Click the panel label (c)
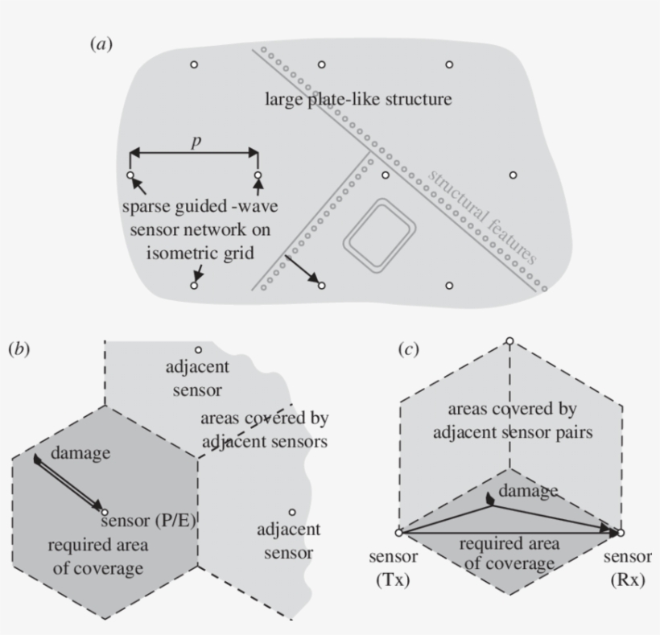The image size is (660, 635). pos(410,349)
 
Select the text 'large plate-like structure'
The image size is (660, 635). pos(358,101)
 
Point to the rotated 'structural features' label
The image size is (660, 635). pos(481,215)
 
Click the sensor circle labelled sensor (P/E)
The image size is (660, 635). pos(105,512)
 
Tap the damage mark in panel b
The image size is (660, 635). pos(38,460)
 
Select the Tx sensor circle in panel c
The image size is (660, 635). pos(398,533)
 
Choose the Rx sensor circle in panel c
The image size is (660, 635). pos(621,533)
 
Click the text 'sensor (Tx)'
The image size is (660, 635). pos(394,568)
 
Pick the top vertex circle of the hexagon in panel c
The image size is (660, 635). pos(509,340)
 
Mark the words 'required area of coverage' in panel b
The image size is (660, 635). pos(95,556)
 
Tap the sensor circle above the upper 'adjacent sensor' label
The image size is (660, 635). pos(197,349)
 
